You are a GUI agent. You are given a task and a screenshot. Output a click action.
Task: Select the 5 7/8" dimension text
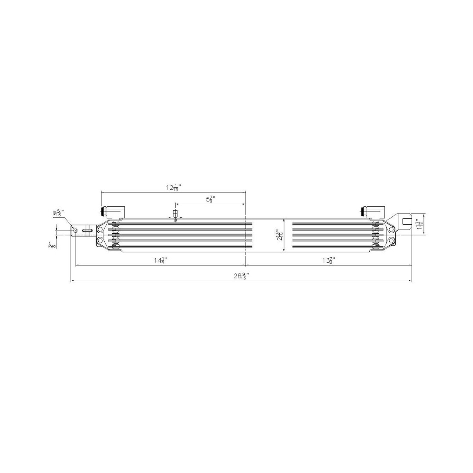210,200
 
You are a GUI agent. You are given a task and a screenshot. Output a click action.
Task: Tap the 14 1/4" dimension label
161,260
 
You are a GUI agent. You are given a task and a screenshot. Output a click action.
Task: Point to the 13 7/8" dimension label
329,260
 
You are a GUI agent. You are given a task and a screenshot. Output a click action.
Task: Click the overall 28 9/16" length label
241,276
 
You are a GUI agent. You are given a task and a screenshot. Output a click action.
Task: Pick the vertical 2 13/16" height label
280,235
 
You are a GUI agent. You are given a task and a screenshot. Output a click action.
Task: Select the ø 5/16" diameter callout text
58,213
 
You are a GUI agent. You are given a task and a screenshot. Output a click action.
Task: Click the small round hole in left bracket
75,230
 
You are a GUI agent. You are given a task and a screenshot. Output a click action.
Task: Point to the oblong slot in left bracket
87,231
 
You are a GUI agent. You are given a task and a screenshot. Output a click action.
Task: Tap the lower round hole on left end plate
100,241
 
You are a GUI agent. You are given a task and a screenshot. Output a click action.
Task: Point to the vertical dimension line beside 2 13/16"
284,235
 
